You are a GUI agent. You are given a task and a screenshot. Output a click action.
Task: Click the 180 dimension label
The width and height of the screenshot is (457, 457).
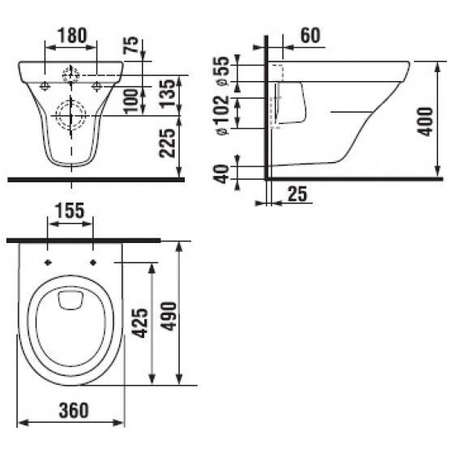click(x=73, y=36)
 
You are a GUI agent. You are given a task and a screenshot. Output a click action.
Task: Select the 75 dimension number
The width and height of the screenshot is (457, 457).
click(x=132, y=45)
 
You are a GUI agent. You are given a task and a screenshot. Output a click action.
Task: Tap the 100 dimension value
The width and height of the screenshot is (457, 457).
click(x=131, y=101)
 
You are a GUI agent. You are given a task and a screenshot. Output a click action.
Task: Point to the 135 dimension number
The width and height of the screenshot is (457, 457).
click(x=168, y=93)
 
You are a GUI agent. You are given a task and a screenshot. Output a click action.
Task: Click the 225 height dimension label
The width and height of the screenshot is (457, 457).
click(x=167, y=143)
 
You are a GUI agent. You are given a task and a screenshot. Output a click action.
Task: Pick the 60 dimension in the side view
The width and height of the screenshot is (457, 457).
click(x=310, y=36)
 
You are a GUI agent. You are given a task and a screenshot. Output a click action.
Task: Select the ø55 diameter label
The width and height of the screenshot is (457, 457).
click(x=223, y=70)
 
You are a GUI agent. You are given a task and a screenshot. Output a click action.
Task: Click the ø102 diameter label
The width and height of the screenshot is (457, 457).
click(x=223, y=115)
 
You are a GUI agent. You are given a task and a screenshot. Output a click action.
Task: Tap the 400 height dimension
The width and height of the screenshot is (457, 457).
click(x=425, y=122)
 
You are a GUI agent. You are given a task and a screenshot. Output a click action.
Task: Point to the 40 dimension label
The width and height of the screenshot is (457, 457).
click(x=222, y=174)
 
